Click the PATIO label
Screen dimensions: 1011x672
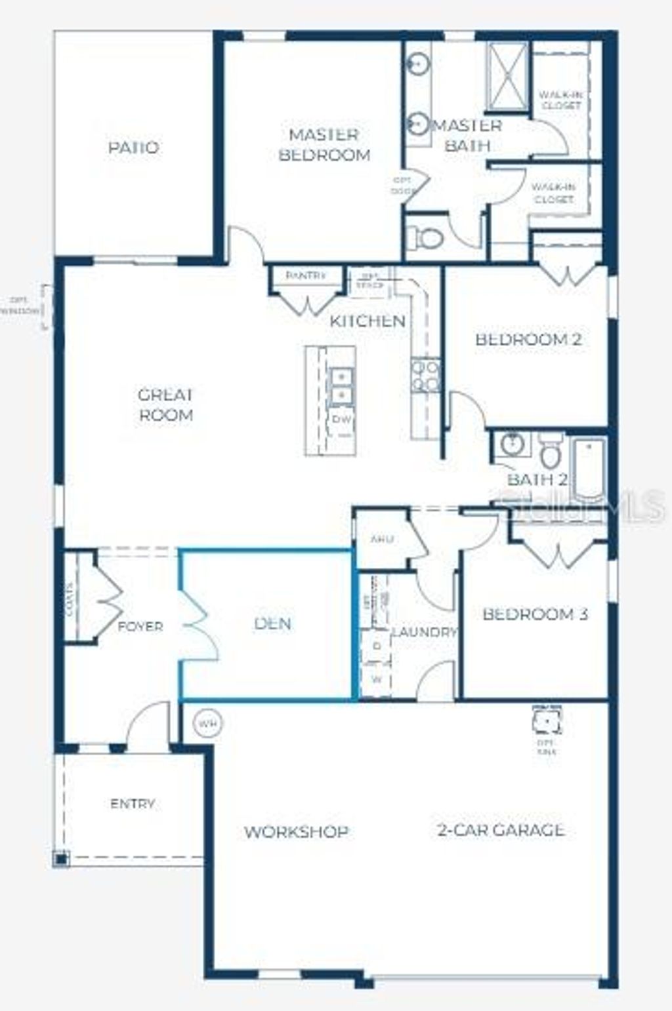tap(133, 148)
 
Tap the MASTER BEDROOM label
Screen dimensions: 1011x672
tap(324, 145)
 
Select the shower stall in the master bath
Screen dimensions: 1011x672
tap(507, 75)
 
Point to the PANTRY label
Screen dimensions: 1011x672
tap(306, 276)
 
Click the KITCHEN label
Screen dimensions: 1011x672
tap(367, 321)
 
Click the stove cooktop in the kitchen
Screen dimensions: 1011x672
tap(425, 375)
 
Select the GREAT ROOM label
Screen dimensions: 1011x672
tap(166, 405)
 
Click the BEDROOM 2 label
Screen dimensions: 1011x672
tap(528, 340)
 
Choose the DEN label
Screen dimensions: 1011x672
tap(272, 623)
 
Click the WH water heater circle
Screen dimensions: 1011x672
tap(208, 724)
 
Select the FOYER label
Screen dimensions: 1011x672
tap(140, 627)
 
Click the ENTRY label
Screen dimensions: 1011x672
tap(133, 804)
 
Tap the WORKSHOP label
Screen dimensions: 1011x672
tap(296, 832)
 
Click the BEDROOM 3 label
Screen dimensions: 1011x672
tap(535, 614)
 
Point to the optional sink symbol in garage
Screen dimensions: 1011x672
tap(547, 721)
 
